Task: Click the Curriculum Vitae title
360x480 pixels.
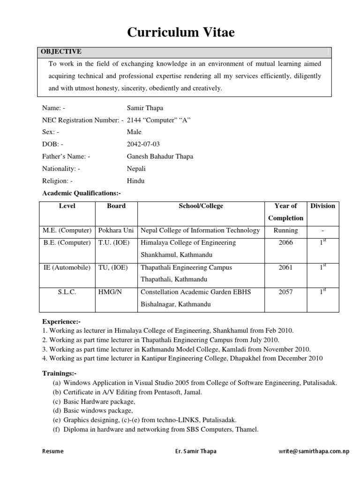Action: (x=180, y=32)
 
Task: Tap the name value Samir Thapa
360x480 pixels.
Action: (x=145, y=108)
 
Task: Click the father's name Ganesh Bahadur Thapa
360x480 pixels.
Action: (x=160, y=157)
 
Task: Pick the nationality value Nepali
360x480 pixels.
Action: (x=136, y=169)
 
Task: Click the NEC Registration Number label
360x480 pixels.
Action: (x=82, y=120)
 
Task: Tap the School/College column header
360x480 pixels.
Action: (x=201, y=206)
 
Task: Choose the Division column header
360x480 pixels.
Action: (x=322, y=206)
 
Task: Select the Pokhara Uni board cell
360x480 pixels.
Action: (x=116, y=230)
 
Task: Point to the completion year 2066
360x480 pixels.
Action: (x=285, y=243)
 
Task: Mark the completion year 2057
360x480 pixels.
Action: (x=285, y=292)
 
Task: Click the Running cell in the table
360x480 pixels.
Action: (x=285, y=230)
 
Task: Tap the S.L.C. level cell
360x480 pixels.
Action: (x=67, y=292)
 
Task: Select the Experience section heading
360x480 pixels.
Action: (x=61, y=322)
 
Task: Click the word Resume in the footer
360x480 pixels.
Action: (x=53, y=451)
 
